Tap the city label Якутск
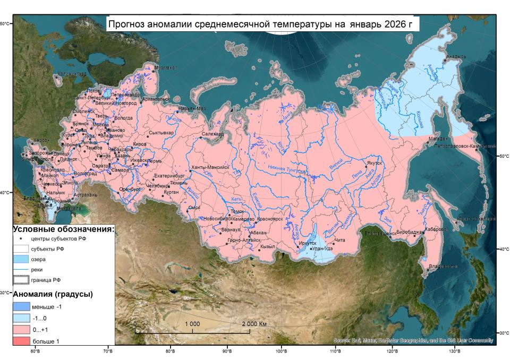[x=373, y=164]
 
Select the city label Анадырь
[x=456, y=57]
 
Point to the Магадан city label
[x=439, y=139]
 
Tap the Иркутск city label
[x=308, y=243]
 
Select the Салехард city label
[x=212, y=134]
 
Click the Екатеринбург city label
[x=169, y=175]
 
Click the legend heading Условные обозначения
[x=63, y=229]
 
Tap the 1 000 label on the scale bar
[x=192, y=324]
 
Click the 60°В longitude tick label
[x=36, y=351]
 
